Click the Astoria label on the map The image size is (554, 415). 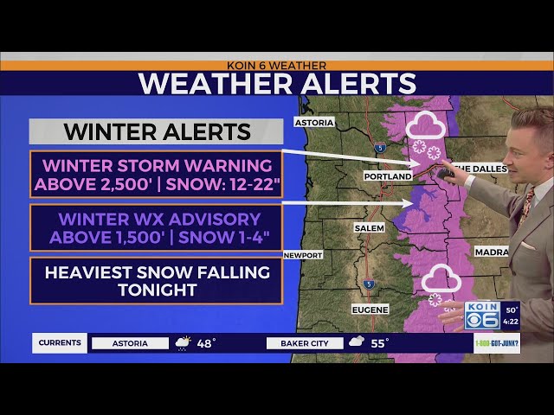pyautogui.click(x=314, y=123)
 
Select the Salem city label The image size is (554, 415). pyautogui.click(x=369, y=227)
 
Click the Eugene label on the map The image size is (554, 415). pyautogui.click(x=370, y=309)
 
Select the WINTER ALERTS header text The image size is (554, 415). pyautogui.click(x=157, y=132)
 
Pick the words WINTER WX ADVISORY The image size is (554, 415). pyautogui.click(x=157, y=219)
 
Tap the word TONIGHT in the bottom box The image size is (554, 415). pyautogui.click(x=157, y=290)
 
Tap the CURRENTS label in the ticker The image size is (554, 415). pyautogui.click(x=61, y=343)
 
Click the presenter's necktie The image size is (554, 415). pyautogui.click(x=525, y=208)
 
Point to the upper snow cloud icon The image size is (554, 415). pyautogui.click(x=427, y=128)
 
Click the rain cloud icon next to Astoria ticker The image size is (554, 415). pyautogui.click(x=184, y=343)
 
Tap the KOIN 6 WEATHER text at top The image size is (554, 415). pyautogui.click(x=276, y=65)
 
